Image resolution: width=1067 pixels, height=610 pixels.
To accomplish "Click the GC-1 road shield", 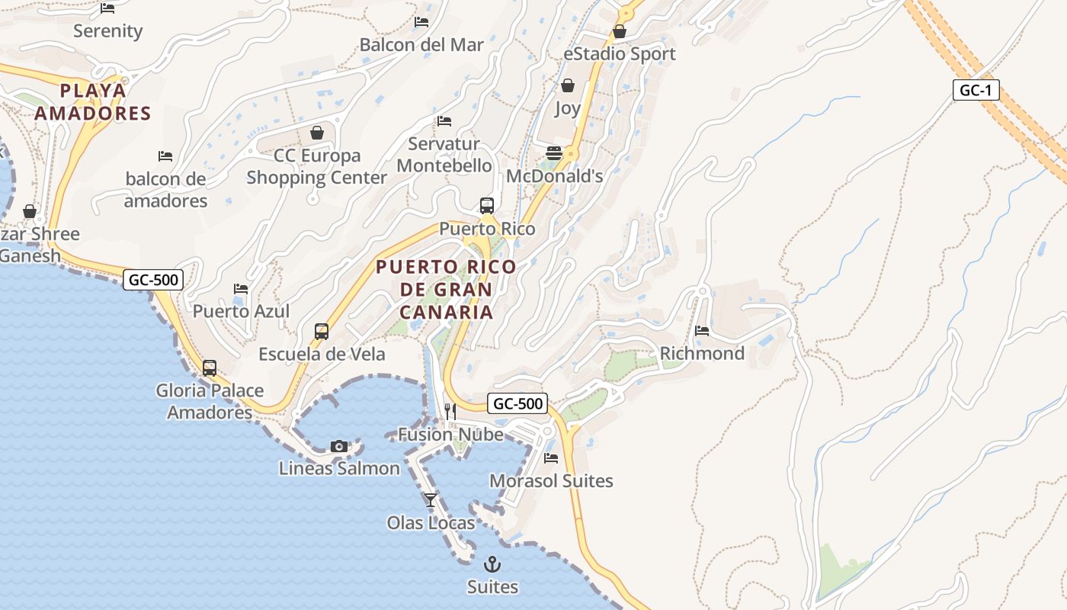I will point(976,90).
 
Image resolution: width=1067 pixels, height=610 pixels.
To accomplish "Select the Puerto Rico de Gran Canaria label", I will point(446,290).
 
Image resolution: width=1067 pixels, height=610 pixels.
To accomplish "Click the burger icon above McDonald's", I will point(554,153).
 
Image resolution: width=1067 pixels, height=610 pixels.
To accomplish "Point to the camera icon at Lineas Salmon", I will point(339,446).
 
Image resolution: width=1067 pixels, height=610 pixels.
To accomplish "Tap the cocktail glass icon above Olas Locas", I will point(431,500).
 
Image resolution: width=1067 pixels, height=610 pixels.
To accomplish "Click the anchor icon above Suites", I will point(492,565).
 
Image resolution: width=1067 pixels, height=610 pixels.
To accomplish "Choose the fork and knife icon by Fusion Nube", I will point(450,412).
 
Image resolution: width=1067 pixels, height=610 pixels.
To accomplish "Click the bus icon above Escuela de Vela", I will point(322,332).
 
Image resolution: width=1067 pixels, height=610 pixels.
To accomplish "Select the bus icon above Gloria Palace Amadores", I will point(210,368).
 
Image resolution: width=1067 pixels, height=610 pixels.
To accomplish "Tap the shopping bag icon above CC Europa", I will point(317,133).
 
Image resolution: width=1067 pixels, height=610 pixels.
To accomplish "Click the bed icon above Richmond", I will point(702,331).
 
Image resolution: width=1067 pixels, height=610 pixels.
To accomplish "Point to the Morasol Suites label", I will point(551,481).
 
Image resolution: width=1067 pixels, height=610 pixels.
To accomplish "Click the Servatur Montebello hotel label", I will point(444,155).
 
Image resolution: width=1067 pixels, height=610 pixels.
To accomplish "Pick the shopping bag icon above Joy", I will point(568,85).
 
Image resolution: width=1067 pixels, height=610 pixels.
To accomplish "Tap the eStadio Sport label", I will point(619,54).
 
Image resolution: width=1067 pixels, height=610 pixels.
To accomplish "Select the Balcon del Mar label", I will point(421,45).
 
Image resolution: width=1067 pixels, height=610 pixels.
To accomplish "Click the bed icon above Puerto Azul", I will point(241,289).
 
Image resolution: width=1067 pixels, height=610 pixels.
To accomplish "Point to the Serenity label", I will point(108,31).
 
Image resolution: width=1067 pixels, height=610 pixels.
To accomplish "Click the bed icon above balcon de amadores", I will point(165,156).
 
